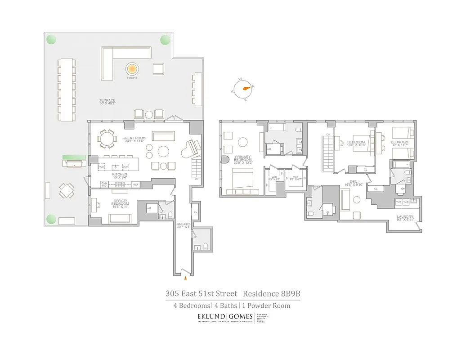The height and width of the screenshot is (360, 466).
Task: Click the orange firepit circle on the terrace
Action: click(132, 68)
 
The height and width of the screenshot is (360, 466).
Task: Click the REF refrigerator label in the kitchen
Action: click(135, 184)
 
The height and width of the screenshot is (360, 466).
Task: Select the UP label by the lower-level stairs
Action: click(196, 179)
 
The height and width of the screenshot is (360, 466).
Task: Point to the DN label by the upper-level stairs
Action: click(328, 135)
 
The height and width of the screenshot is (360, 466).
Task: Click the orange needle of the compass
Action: click(246, 87)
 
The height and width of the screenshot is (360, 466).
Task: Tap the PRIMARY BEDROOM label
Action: click(242, 159)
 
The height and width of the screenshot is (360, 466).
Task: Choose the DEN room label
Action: click(354, 182)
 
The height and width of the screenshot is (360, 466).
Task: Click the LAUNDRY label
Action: click(405, 217)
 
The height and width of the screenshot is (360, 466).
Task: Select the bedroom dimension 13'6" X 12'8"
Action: click(356, 144)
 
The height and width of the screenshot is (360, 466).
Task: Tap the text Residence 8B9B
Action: click(271, 294)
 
